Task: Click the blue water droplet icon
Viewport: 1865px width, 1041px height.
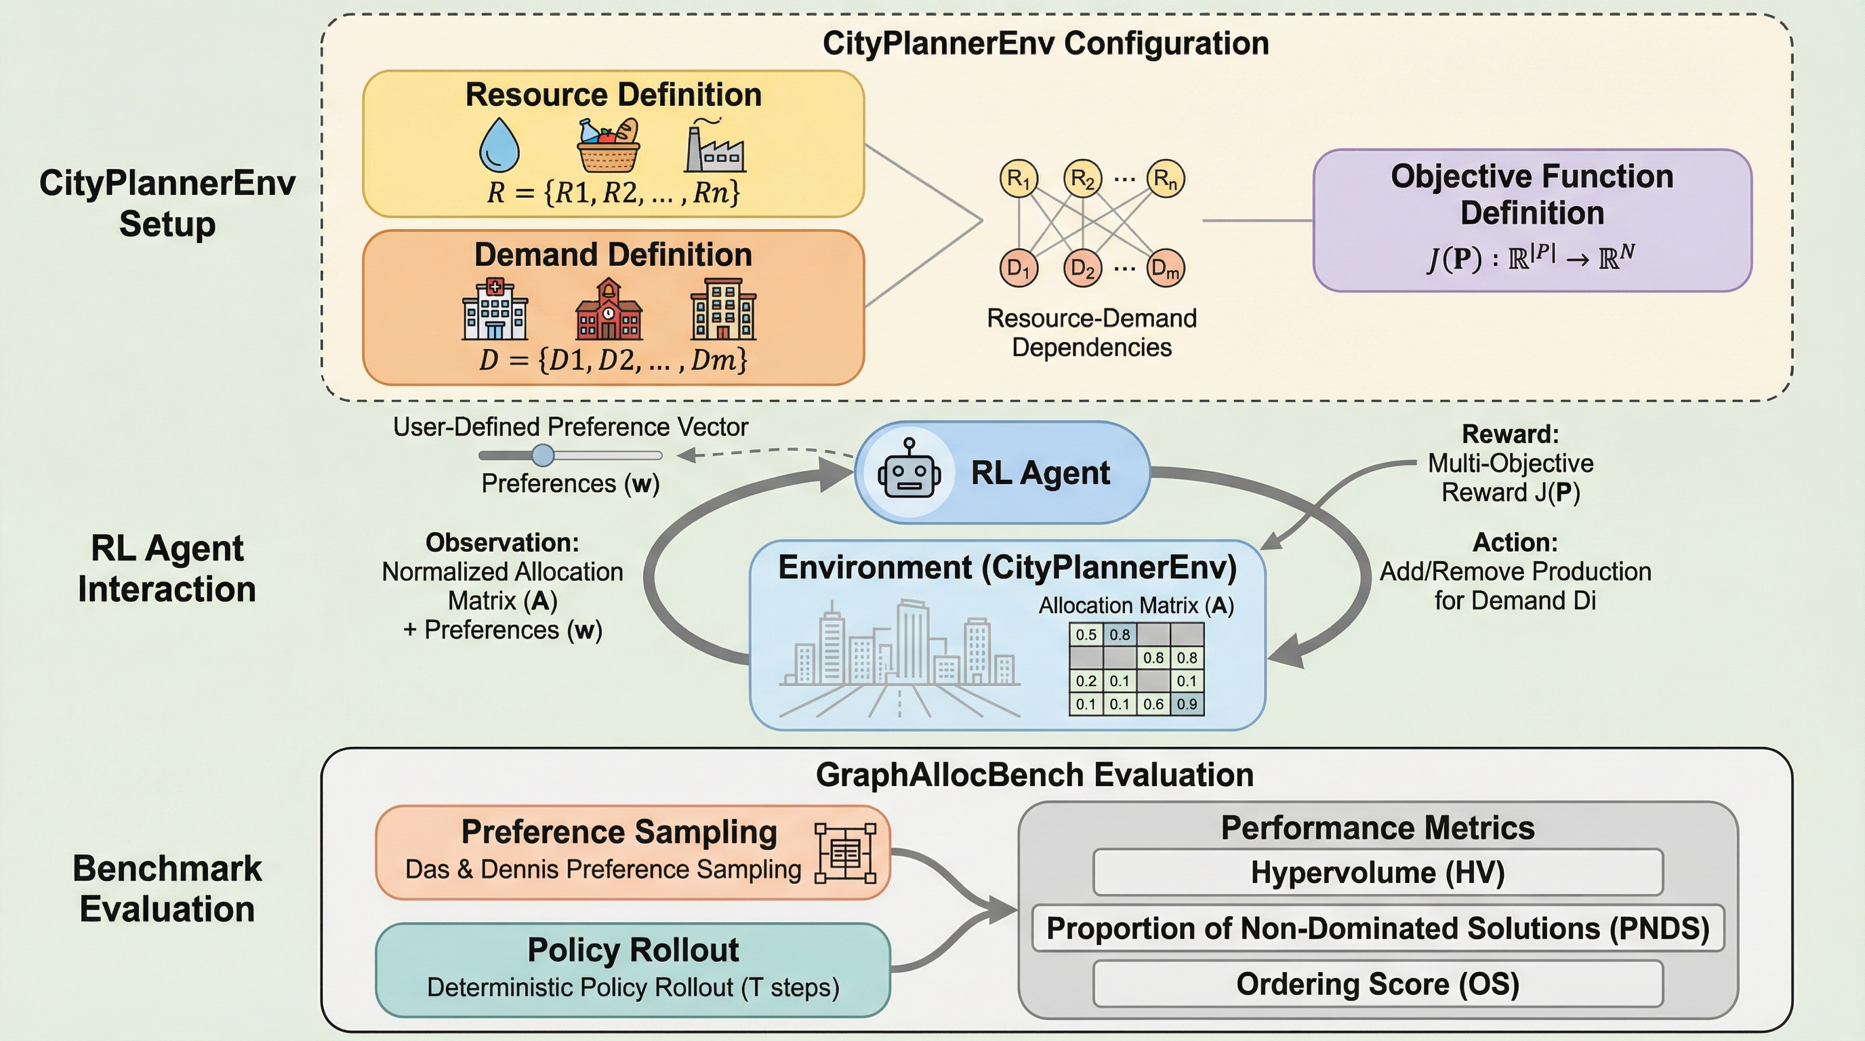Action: point(499,146)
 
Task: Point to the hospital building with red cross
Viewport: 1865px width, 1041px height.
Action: point(495,310)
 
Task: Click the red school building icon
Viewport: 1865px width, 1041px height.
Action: point(608,310)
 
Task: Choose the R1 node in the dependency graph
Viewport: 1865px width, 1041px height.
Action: point(1019,178)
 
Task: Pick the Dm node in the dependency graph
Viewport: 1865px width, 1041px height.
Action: point(1166,268)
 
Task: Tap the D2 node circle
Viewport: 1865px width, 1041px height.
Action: point(1082,268)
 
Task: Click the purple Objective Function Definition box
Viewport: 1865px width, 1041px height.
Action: point(1532,220)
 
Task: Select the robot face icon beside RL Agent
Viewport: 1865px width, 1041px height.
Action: point(909,472)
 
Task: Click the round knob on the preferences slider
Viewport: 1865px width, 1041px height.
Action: point(542,455)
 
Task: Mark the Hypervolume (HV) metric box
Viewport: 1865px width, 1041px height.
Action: point(1377,872)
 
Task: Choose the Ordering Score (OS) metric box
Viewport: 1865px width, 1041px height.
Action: point(1377,984)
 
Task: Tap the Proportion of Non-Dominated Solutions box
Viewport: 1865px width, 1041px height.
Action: point(1377,928)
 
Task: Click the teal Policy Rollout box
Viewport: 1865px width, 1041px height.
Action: point(632,969)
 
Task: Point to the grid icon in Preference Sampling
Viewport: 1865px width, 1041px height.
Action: point(845,853)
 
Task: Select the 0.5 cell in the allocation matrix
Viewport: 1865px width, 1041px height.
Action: point(1086,635)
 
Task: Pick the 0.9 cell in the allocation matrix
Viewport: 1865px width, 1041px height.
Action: point(1187,704)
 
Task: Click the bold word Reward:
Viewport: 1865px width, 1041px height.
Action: point(1511,434)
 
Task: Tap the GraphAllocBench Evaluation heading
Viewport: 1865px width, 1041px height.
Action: point(1035,775)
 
